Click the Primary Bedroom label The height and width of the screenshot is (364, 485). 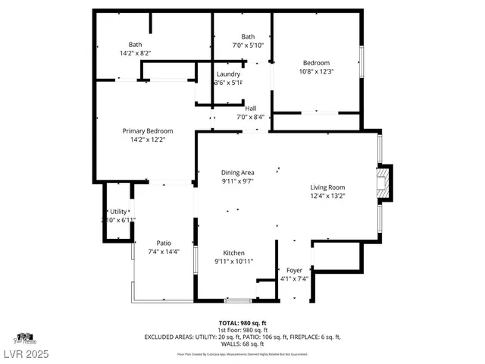coord(148,131)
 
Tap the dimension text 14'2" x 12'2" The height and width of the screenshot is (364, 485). coord(148,140)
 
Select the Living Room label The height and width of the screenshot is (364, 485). coord(327,187)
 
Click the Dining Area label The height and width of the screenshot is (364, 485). coord(237,173)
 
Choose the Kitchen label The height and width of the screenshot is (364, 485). coord(233,253)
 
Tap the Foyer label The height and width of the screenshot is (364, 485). coord(294,270)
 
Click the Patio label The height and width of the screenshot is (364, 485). coord(163,243)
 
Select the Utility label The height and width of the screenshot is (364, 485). coord(118,212)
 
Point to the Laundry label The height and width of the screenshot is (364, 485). coord(228,74)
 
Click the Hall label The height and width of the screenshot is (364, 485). coord(250,108)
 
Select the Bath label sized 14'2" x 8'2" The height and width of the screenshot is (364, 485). coord(135,44)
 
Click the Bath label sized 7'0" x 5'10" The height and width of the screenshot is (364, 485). coord(248,37)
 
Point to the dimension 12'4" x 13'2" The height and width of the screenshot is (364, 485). coord(327,196)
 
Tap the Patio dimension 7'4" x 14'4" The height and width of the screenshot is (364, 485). coord(163,251)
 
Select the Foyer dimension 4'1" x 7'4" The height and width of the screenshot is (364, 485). coord(294,278)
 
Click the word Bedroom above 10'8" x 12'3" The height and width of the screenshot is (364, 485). coord(317,63)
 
